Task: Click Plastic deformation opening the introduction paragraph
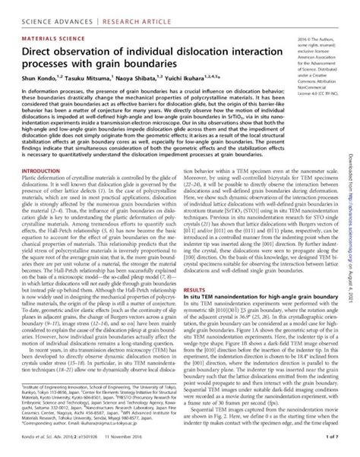46,201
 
